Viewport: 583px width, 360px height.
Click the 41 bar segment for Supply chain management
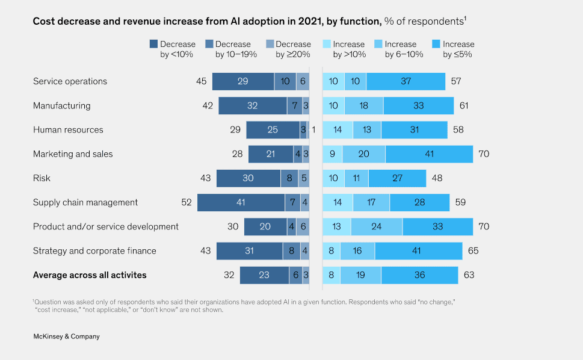(241, 202)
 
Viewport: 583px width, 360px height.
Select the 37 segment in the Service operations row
(406, 81)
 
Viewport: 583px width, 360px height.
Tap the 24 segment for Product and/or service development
(377, 226)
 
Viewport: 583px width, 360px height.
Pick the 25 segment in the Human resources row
(273, 129)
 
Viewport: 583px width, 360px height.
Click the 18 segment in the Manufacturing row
(363, 105)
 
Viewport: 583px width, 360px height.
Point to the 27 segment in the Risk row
(397, 178)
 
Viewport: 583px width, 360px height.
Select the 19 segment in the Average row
(360, 275)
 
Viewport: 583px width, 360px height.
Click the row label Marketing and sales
(73, 154)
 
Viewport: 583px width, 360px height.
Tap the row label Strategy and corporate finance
(94, 251)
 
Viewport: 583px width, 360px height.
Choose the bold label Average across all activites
(90, 275)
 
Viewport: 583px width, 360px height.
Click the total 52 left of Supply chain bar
(187, 202)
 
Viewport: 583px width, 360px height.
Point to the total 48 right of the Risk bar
(437, 178)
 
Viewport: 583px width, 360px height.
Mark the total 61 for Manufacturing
(463, 105)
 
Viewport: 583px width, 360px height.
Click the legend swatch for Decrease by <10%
(153, 44)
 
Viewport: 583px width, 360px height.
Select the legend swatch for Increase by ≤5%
(436, 44)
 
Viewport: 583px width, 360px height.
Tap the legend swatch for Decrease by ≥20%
(269, 44)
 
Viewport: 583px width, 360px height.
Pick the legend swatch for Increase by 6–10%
(378, 44)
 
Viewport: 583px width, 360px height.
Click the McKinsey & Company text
(66, 337)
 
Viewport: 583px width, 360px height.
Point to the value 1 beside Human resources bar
(313, 129)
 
